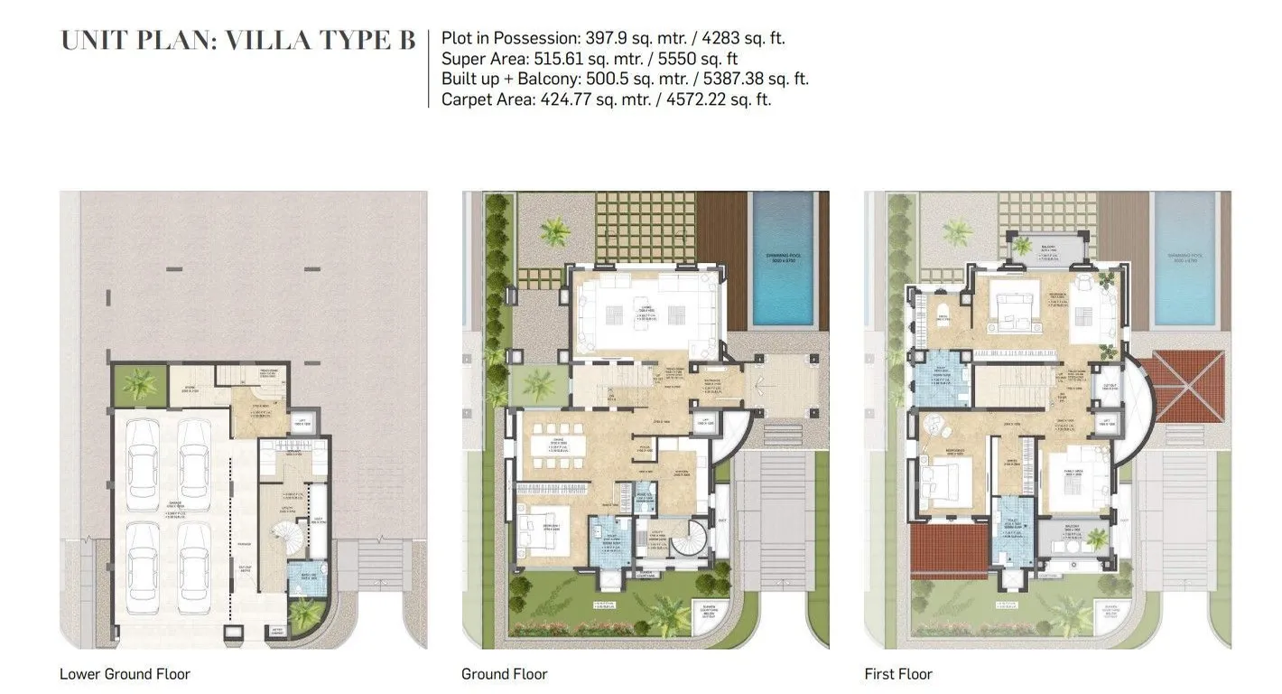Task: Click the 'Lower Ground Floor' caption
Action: click(125, 674)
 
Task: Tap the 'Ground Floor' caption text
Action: click(504, 674)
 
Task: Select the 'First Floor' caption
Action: click(897, 674)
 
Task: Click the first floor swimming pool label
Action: click(1184, 256)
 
